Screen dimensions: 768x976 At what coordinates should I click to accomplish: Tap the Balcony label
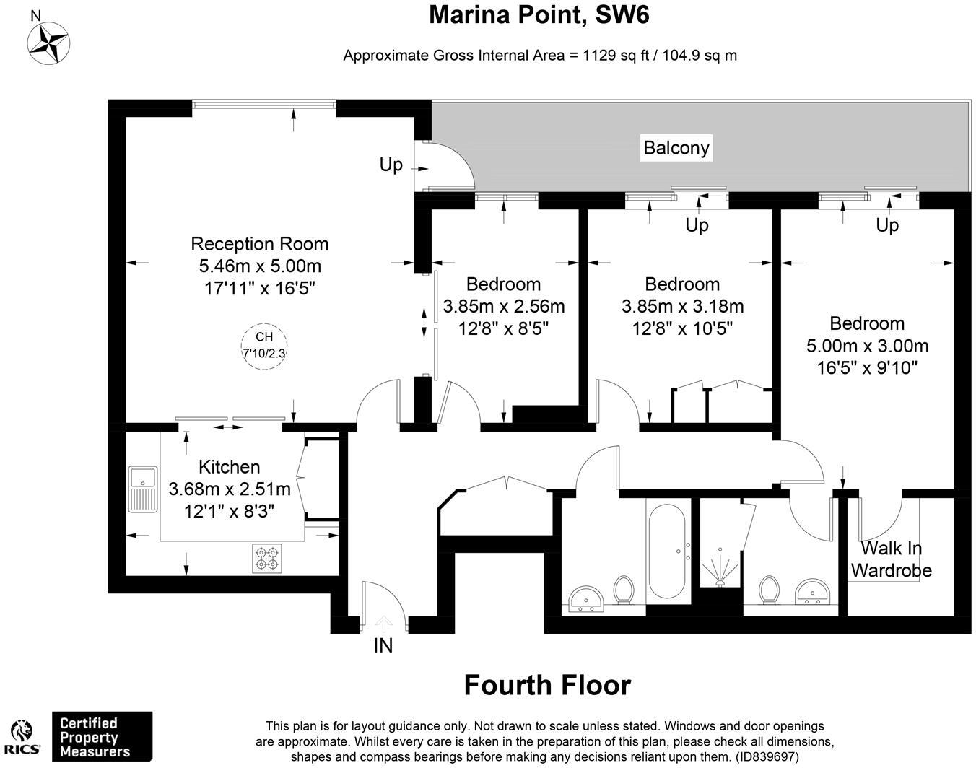click(676, 148)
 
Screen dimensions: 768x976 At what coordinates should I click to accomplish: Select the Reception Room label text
click(259, 244)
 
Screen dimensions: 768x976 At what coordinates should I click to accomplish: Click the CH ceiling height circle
click(264, 346)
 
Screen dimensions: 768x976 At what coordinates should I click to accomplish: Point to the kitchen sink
click(143, 489)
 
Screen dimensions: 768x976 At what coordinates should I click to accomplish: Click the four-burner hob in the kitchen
click(267, 559)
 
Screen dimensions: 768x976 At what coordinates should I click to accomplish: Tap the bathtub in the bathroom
click(668, 552)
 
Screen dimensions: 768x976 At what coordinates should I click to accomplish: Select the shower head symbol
click(720, 567)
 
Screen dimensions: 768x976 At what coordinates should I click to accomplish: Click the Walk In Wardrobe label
click(891, 559)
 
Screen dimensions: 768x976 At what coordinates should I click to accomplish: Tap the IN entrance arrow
click(383, 623)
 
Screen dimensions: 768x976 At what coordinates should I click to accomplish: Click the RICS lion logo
click(23, 737)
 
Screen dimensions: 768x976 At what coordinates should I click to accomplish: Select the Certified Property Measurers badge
click(101, 736)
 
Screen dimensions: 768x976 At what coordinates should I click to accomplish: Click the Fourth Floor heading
click(547, 685)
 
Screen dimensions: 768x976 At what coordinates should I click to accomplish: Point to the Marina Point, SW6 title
click(539, 14)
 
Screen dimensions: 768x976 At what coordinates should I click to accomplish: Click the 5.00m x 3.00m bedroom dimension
click(867, 346)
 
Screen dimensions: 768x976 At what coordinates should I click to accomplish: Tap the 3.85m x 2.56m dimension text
click(504, 306)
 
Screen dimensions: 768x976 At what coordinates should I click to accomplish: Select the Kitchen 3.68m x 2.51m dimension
click(230, 489)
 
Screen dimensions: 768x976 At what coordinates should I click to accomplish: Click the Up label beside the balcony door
click(391, 165)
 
